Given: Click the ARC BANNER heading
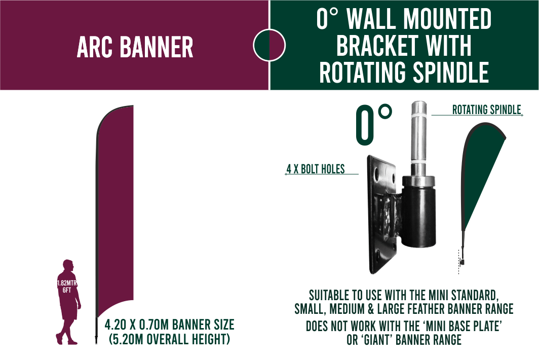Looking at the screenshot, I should tap(135, 48).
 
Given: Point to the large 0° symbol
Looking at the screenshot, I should tap(374, 124).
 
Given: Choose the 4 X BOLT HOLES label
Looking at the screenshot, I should tap(316, 169).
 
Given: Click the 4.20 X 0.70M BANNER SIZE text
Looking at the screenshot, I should tap(169, 325).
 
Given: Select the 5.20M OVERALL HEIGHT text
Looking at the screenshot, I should tap(169, 339).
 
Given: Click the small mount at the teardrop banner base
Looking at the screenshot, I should tap(462, 262).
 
